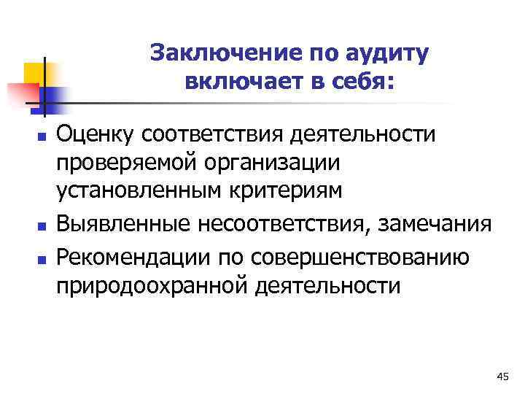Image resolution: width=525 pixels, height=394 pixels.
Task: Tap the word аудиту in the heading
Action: click(386, 53)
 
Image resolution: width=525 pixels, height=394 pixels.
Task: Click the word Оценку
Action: click(96, 134)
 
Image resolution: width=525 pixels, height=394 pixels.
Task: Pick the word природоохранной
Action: click(154, 285)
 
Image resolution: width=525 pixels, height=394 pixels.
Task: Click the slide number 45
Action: click(502, 376)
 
